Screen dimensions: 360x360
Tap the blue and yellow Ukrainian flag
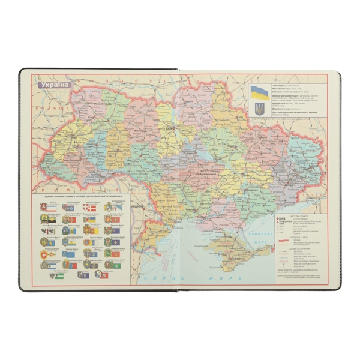coord(259,92)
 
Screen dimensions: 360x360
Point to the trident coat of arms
coord(259,109)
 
